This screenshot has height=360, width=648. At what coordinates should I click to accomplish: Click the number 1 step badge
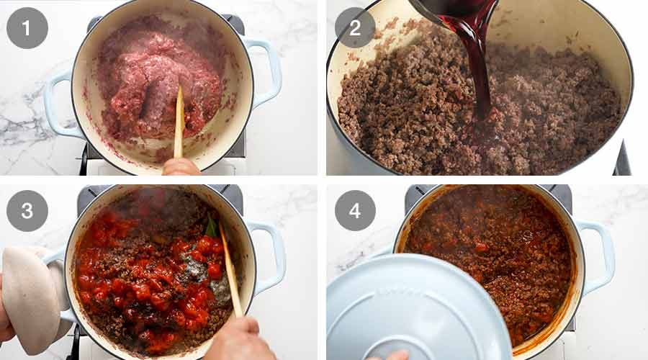27,27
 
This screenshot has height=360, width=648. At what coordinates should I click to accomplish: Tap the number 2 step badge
355,27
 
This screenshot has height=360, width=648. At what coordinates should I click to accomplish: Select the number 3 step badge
27,211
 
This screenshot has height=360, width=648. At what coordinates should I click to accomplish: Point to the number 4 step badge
355,211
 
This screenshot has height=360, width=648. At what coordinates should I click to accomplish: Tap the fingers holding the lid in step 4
389,355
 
